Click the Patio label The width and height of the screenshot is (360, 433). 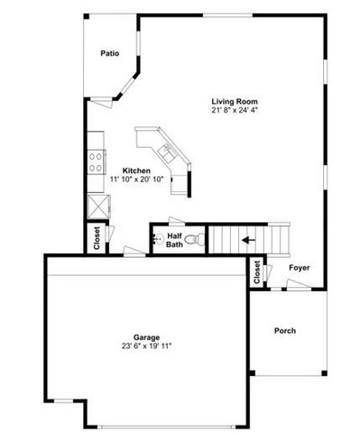coord(110,54)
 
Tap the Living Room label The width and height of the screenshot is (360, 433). coord(235,101)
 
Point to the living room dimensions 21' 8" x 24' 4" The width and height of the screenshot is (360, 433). coord(235,111)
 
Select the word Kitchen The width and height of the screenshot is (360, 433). coord(135,170)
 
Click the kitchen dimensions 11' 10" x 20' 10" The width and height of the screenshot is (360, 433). coord(135,180)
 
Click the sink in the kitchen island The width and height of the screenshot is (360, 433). coord(166,150)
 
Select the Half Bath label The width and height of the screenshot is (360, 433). coord(175,240)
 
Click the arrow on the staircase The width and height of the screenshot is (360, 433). coord(247,240)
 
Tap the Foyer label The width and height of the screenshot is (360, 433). coord(300,268)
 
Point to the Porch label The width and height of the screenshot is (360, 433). coord(285,331)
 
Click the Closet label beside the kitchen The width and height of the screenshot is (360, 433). coord(97,236)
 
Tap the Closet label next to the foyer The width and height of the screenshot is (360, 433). coord(257,272)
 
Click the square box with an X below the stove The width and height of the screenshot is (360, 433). coord(94,204)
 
